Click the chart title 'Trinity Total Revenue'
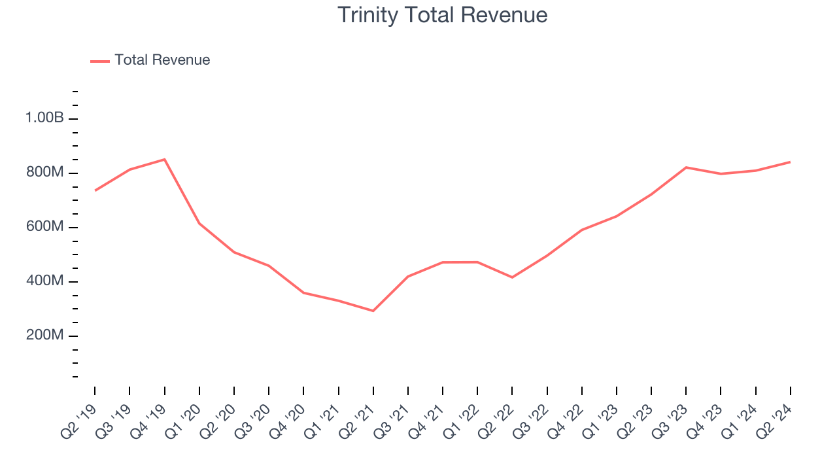click(442, 15)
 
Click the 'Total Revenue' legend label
click(162, 60)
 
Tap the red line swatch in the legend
click(100, 61)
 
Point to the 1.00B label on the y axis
click(44, 118)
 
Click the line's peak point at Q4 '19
click(164, 159)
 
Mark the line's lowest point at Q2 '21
click(373, 311)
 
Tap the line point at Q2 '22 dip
click(512, 277)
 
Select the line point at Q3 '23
click(686, 167)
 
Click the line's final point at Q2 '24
click(790, 162)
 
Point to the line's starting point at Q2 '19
click(95, 190)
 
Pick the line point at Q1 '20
click(199, 223)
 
